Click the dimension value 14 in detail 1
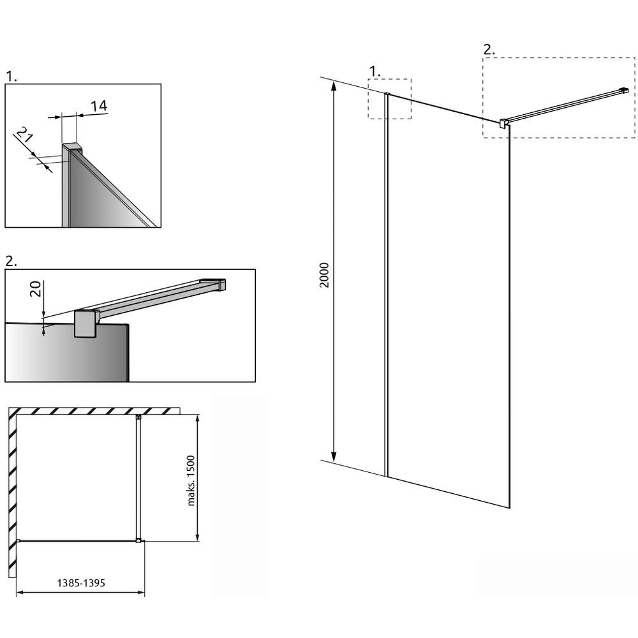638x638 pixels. point(99,106)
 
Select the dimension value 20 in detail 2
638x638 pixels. point(36,289)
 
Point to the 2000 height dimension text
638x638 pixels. point(324,275)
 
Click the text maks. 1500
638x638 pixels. point(191,480)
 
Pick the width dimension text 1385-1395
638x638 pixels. point(81,583)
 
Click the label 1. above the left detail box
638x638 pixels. point(11,77)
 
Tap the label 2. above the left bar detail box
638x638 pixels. point(11,261)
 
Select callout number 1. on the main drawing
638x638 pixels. point(375,71)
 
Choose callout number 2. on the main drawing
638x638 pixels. point(489,50)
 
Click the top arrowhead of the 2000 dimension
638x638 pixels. point(334,85)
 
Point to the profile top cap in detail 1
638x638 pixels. point(72,147)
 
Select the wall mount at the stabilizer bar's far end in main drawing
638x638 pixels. point(625,90)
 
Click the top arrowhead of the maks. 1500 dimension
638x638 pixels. point(197,419)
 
